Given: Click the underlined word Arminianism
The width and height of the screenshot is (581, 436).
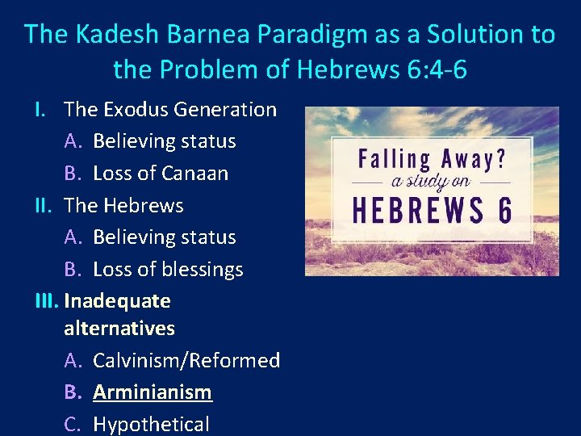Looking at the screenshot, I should [x=153, y=392].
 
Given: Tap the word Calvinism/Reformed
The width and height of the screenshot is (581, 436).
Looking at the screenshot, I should [x=186, y=360].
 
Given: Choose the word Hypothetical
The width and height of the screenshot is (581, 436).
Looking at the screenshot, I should [x=151, y=424].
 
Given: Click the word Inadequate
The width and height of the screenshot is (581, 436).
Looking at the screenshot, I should [x=117, y=301].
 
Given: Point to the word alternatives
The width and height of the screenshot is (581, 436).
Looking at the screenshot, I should [x=119, y=329].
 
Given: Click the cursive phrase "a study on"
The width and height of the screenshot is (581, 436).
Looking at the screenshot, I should [x=419, y=181].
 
